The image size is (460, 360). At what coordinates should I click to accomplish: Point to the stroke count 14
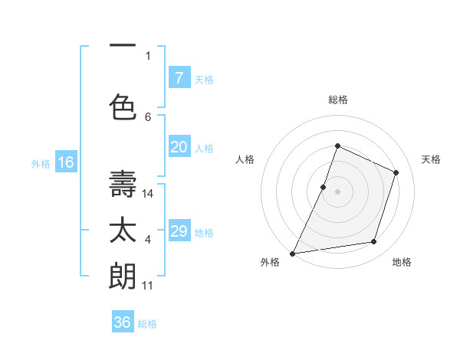pyautogui.click(x=149, y=194)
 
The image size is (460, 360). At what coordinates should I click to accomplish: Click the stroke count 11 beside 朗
pyautogui.click(x=149, y=286)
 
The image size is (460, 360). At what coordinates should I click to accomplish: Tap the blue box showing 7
pyautogui.click(x=179, y=77)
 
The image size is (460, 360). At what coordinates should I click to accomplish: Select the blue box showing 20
pyautogui.click(x=179, y=147)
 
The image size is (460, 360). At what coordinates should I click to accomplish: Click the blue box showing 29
pyautogui.click(x=179, y=231)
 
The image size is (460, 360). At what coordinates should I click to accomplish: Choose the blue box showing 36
pyautogui.click(x=123, y=322)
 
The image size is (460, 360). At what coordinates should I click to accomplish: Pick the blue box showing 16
pyautogui.click(x=65, y=162)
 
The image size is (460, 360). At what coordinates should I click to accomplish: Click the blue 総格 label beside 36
pyautogui.click(x=148, y=324)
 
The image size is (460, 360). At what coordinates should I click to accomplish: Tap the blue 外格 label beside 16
pyautogui.click(x=41, y=163)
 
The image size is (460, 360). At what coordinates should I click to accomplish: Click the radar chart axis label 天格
pyautogui.click(x=432, y=159)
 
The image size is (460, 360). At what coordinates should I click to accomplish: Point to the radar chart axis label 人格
pyautogui.click(x=245, y=159)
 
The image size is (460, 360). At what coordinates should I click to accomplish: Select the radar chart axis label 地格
pyautogui.click(x=402, y=262)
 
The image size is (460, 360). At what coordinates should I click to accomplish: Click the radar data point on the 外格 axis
pyautogui.click(x=293, y=253)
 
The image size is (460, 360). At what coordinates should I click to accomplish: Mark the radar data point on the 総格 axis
pyautogui.click(x=337, y=146)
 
